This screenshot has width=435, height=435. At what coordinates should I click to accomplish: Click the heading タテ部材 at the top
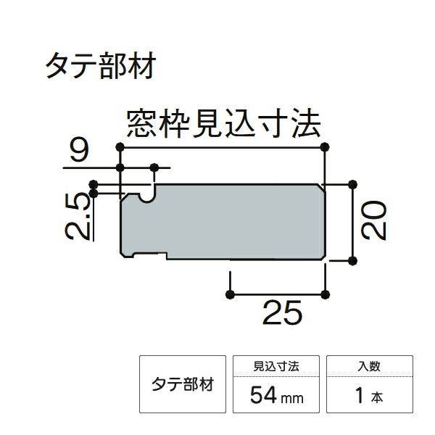coord(99,67)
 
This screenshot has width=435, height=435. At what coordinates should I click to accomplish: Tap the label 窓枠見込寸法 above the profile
coord(223,124)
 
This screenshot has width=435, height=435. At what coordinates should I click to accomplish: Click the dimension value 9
coord(80,152)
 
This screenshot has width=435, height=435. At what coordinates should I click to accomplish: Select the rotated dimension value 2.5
coord(78,217)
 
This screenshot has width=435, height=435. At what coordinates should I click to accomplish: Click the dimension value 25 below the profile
coord(281,313)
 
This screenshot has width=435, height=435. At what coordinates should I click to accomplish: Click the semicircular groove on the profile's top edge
coord(149,194)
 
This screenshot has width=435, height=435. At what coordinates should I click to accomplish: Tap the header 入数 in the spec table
coord(370,368)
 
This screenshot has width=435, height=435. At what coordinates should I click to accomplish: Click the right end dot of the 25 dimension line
coord(325,294)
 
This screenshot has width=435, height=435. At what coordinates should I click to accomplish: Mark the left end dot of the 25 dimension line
coord(231,294)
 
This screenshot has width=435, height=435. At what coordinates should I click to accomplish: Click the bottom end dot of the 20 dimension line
coord(353,260)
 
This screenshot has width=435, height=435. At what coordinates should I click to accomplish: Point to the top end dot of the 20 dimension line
coord(353,184)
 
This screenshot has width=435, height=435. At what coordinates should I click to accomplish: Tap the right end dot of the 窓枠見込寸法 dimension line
coord(325,147)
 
